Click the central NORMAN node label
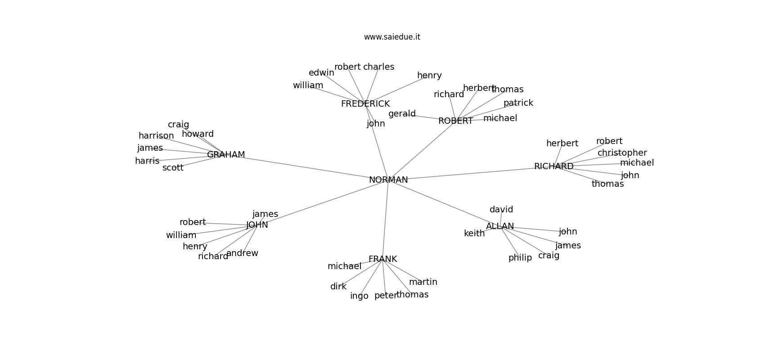click(388, 180)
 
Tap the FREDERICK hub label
click(365, 104)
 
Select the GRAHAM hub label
click(226, 155)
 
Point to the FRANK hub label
click(382, 259)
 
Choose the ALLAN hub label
click(499, 226)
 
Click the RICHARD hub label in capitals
click(553, 166)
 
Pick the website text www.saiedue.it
click(392, 37)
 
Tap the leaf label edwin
click(321, 73)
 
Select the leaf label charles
click(378, 67)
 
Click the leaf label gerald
click(402, 114)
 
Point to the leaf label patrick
click(518, 103)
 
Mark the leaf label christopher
click(622, 153)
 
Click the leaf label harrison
click(156, 136)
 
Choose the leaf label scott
click(173, 168)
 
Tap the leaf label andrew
click(242, 253)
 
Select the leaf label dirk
click(338, 287)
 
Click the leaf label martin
click(423, 282)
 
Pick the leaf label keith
click(474, 234)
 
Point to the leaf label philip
click(520, 258)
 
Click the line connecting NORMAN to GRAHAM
click(306, 167)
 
